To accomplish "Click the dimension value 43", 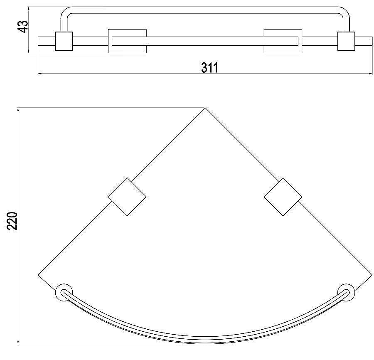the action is point(24,27).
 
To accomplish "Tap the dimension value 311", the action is point(209,68).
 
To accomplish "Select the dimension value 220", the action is point(12,221).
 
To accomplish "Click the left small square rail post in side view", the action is point(64,41).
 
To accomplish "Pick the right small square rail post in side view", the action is point(346,41).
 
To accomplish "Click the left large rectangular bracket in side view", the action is point(127,41).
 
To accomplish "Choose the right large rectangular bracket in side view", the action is point(283,41).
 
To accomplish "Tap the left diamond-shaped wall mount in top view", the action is point(127,197).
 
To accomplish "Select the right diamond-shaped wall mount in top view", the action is point(283,197).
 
